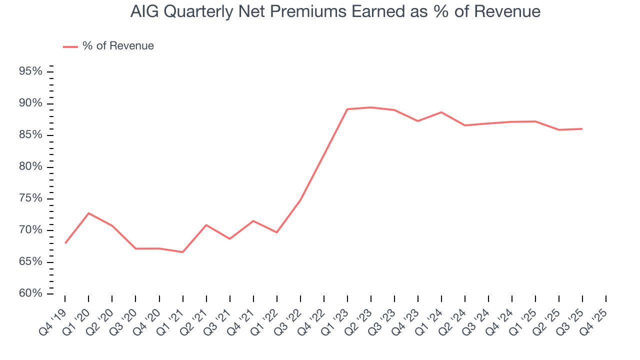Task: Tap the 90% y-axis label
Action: click(x=30, y=103)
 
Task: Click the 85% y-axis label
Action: click(x=30, y=135)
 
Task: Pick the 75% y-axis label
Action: click(x=30, y=198)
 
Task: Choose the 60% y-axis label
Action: click(x=30, y=293)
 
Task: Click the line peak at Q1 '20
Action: click(x=88, y=213)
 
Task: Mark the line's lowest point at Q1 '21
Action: click(x=182, y=252)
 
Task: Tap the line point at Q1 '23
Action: click(x=347, y=109)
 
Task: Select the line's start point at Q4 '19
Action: click(x=65, y=243)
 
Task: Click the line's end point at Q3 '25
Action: click(x=582, y=129)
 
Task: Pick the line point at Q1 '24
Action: click(x=441, y=112)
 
